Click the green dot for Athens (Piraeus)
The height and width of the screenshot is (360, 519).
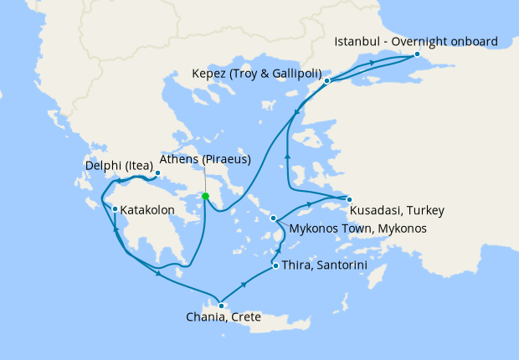point(205,197)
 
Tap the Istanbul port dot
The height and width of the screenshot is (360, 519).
point(417,54)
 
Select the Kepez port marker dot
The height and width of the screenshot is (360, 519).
point(327,81)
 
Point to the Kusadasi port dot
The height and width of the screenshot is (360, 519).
point(349,198)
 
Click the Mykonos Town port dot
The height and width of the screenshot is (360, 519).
point(274,219)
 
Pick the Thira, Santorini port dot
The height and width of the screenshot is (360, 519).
point(275,266)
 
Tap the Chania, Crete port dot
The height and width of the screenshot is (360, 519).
point(221,306)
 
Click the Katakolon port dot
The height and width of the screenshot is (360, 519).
point(115,208)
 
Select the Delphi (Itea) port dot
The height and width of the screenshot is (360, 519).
point(157,173)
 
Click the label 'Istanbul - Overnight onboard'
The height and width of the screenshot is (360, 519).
point(416,41)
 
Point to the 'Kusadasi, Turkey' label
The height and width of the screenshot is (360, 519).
point(396,209)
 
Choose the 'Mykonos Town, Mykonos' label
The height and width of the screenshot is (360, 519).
point(357,229)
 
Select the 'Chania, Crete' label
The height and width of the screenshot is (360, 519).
point(224,317)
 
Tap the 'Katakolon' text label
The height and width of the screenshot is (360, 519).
point(147,209)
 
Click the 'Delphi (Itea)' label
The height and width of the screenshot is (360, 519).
point(120,166)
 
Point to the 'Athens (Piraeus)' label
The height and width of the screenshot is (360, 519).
point(205,159)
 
